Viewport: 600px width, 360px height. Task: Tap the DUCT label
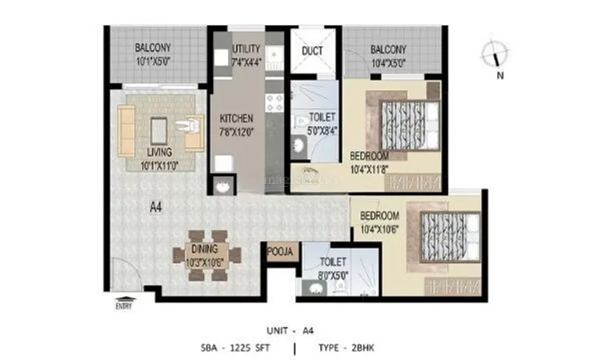pos(312,51)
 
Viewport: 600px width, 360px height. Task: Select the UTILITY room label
pos(247,49)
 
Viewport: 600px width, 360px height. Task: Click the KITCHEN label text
pos(237,119)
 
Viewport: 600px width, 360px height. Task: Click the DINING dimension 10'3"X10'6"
pos(205,262)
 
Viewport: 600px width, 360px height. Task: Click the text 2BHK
pos(365,346)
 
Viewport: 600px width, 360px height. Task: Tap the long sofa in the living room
pos(126,129)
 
